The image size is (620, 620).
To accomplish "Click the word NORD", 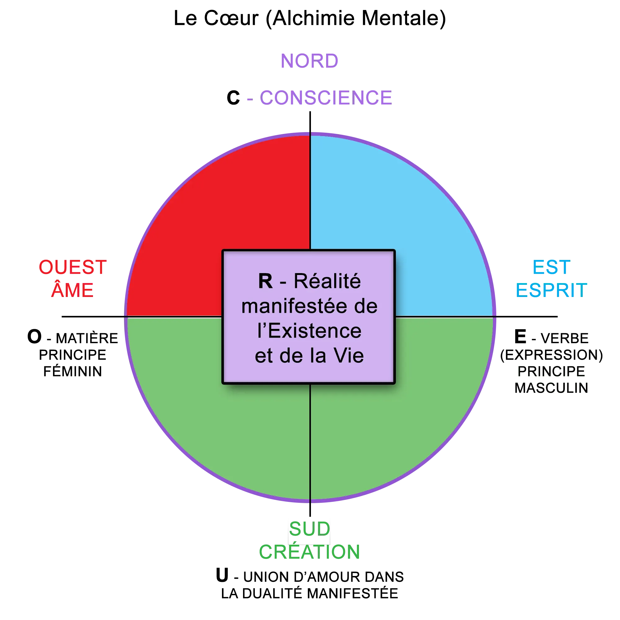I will pos(309,61).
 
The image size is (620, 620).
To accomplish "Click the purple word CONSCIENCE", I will pos(326,98).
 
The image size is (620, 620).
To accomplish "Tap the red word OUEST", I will pos(72,267).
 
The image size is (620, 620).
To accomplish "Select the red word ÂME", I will pos(73,290).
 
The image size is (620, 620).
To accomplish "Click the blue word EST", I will pos(551,267).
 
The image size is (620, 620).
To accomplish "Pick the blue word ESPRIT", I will pos(551,290).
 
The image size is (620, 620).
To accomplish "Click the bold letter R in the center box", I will pos(265,281).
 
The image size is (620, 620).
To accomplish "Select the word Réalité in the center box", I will pos(327,281).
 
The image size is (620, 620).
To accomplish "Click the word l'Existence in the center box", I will pos(309,331).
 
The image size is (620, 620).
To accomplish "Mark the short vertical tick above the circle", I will pos(310,120).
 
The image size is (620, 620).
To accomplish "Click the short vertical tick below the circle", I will pos(310,509).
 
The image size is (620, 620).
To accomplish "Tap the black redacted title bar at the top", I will pos(309,19).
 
